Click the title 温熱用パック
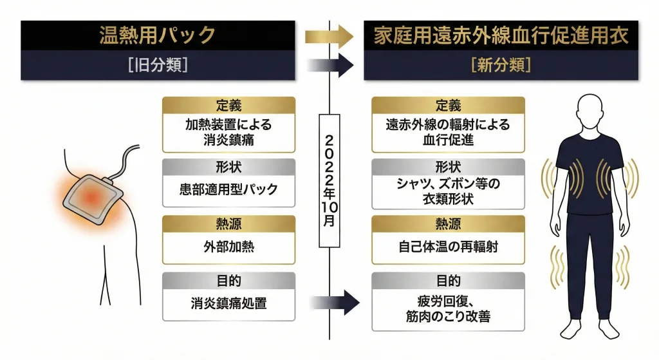coord(158,34)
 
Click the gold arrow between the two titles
coord(329,36)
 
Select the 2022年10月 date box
coord(329,181)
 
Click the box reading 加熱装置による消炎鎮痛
coord(228,132)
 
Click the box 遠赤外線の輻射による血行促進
coord(448,132)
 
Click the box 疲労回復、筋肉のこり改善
coord(448,309)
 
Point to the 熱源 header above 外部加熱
coord(228,224)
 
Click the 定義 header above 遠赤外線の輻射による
coord(448,106)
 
